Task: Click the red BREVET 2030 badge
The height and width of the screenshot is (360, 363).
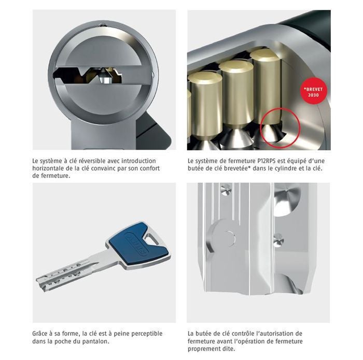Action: (313, 92)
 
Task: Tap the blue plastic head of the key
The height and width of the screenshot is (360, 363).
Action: (138, 243)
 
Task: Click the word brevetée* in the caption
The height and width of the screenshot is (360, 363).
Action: (239, 168)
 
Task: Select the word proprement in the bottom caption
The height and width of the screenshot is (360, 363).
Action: (202, 349)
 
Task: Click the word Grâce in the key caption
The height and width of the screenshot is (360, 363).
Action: (39, 334)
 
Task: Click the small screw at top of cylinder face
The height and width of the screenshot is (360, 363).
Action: (102, 25)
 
